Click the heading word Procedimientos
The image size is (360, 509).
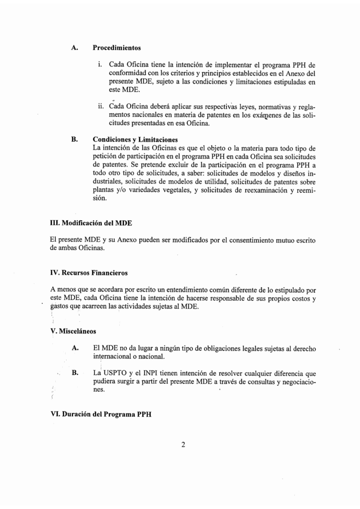click(x=117, y=48)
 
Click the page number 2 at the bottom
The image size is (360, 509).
click(x=183, y=444)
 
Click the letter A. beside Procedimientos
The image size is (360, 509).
click(x=75, y=48)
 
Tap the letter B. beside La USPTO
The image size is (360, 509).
click(x=75, y=373)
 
